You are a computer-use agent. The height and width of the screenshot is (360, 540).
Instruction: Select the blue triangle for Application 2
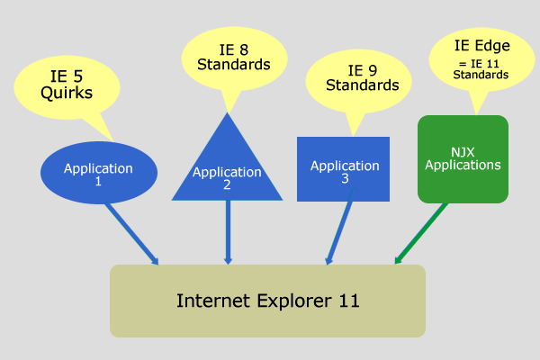coord(227,166)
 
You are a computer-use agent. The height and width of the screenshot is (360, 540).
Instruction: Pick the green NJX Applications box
coord(463,158)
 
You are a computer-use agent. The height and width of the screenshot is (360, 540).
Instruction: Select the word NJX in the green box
coord(463,152)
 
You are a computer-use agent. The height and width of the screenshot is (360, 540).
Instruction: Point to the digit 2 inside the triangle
coord(227,185)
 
